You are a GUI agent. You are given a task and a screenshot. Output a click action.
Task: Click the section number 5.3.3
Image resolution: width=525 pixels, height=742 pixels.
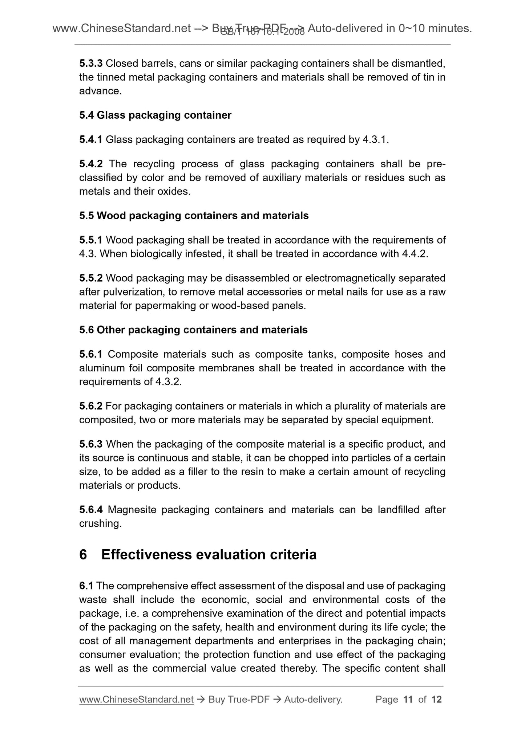pos(91,64)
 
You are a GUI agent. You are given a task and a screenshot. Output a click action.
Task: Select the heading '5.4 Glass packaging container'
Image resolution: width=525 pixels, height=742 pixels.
pos(155,115)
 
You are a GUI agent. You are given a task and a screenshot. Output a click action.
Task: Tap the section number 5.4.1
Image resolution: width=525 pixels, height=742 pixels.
pos(91,140)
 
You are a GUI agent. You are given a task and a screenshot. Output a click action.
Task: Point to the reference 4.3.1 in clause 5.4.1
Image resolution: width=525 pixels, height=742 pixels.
pos(375,140)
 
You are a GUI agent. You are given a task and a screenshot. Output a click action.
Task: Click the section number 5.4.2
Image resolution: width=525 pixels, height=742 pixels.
pos(91,164)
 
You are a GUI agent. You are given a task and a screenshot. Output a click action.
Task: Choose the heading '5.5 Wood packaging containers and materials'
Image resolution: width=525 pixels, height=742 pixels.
pos(194,216)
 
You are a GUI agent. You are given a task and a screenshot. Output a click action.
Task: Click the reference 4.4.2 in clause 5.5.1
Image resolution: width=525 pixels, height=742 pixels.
pos(415,254)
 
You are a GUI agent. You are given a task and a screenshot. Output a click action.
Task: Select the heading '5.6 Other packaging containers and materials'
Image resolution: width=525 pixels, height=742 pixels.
pos(193,330)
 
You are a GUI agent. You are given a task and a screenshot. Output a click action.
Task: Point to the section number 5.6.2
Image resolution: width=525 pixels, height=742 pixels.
pos(91,406)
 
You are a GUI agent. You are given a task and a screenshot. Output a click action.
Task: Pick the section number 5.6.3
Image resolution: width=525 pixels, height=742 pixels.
pos(91,444)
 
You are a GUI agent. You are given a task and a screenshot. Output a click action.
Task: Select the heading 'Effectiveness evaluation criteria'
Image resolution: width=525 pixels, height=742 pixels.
pos(209,555)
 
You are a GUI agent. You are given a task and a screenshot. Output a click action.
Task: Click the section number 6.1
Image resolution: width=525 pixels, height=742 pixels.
pos(86,586)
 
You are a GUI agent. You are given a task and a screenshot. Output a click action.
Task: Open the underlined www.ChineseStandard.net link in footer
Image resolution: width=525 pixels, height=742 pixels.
pos(136,700)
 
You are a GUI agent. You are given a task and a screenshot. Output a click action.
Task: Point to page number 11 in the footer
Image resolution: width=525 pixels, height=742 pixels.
pos(408,700)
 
